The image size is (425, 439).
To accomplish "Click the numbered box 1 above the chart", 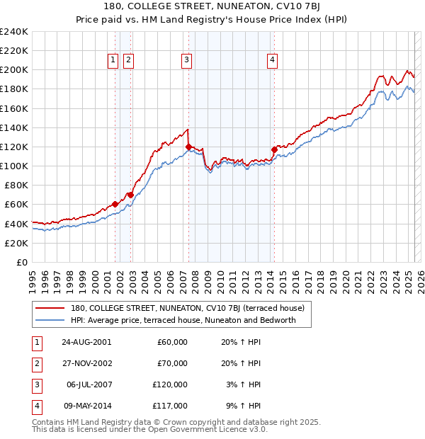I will (113, 61).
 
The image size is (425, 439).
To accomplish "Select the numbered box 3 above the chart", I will (186, 61).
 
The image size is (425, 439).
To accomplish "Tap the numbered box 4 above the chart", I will (272, 61).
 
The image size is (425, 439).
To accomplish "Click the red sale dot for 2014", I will (274, 149).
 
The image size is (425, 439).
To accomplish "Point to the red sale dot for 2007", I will (188, 147).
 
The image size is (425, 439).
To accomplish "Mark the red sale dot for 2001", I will (115, 204).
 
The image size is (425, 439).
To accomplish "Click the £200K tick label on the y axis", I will (13, 70).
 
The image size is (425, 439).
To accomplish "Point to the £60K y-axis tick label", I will (16, 204).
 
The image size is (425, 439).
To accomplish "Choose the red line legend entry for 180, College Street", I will (187, 308).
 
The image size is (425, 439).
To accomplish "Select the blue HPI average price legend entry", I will (190, 320).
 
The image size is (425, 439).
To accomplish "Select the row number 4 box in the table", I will (36, 406).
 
